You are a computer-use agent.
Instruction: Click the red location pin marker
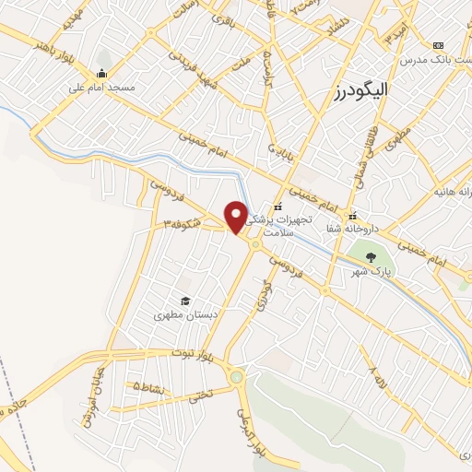[x=236, y=216]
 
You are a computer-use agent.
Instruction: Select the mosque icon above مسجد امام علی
[x=101, y=74]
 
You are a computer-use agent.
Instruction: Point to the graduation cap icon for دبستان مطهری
[x=184, y=301]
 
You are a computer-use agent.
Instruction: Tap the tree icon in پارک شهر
[x=371, y=257]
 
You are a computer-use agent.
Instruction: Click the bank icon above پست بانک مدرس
[x=438, y=45]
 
